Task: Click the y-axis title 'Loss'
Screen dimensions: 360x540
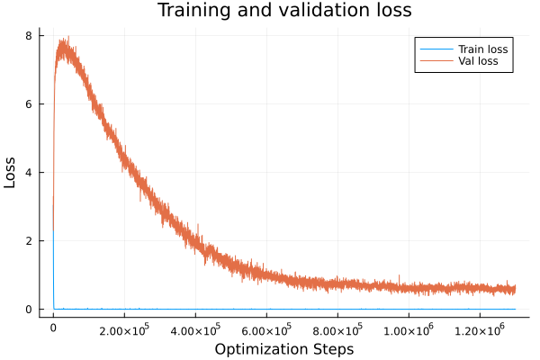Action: point(11,173)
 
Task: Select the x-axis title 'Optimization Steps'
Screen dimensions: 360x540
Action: point(284,349)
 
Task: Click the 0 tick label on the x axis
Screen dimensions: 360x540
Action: point(53,329)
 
